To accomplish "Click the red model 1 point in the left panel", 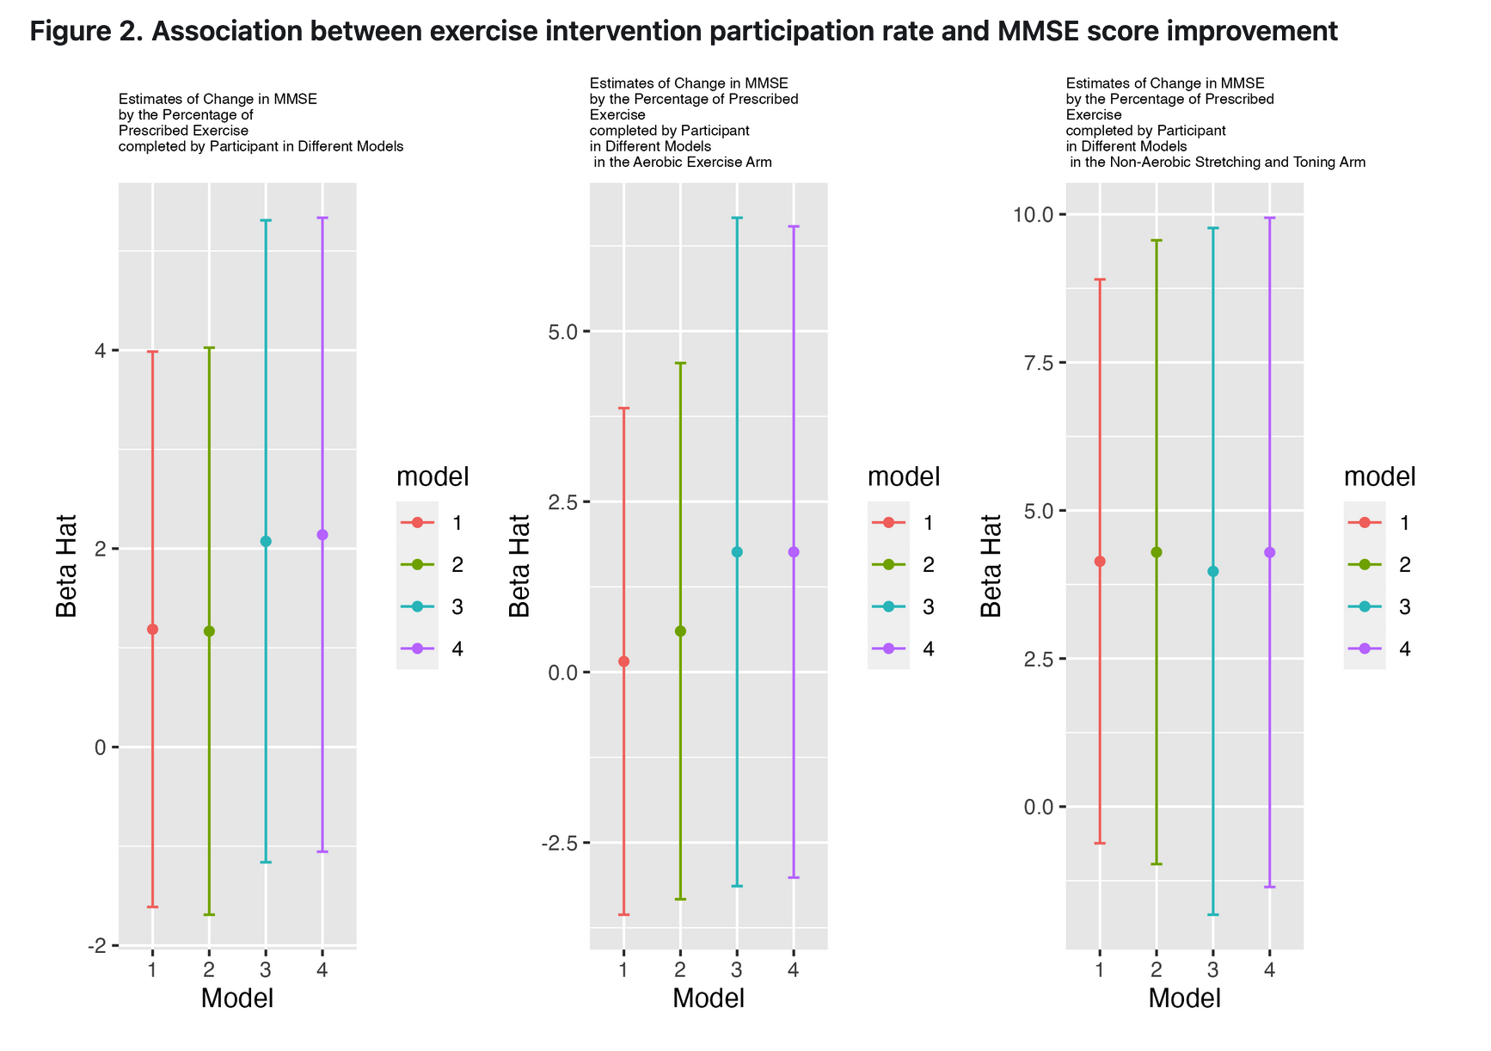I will pos(152,630).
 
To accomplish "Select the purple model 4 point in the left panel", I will pos(322,535).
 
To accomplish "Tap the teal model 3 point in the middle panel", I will pos(737,552).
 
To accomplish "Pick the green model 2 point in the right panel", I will pos(1157,552).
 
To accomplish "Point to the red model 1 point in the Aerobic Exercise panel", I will pos(623,661).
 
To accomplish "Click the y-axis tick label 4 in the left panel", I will pos(101,351).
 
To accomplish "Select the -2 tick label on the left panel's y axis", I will pos(97,946).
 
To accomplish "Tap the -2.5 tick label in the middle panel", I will pos(559,843).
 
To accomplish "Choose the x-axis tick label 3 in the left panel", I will pos(266,970).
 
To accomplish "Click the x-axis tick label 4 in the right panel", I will pos(1270,970).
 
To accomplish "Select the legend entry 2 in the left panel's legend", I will pos(457,565).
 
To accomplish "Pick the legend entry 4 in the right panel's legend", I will pos(1405,649).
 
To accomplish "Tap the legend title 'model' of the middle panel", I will pos(904,476).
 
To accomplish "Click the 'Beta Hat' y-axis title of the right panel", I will pos(991,566).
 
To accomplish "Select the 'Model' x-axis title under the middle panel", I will pos(709,999).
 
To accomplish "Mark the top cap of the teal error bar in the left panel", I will pos(266,221).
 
